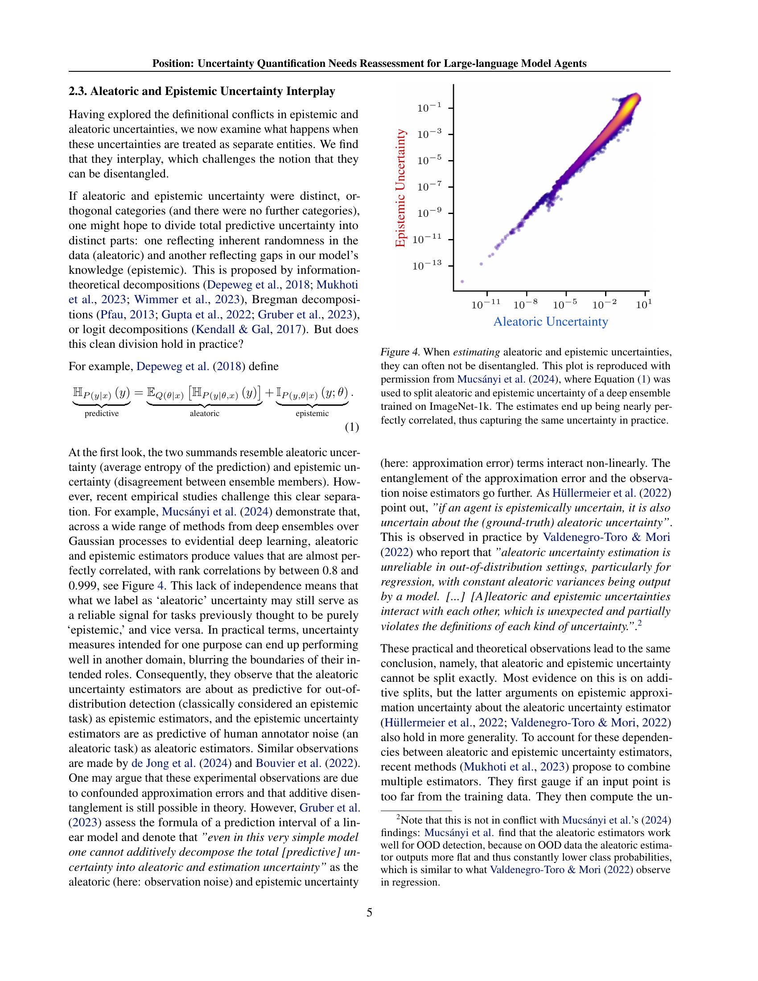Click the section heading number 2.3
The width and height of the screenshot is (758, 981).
pos(78,91)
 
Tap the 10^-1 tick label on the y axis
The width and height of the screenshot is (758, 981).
pos(430,108)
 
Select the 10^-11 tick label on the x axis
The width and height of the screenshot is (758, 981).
pos(486,305)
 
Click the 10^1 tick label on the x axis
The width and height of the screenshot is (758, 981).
pos(644,305)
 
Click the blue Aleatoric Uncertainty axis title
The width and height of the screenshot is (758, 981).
pos(551,322)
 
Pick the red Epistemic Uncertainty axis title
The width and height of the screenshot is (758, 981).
pos(400,188)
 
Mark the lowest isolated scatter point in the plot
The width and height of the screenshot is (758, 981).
pos(462,282)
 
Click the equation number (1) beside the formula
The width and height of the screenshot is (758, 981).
pos(352,427)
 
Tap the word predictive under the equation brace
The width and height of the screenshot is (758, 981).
pos(102,413)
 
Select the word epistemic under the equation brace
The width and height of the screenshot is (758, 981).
pos(312,413)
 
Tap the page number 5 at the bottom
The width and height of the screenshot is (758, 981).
pos(369,912)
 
